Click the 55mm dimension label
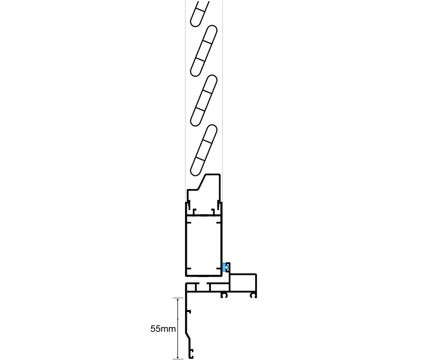coord(163,329)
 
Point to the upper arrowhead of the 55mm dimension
coord(178,300)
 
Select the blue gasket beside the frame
coord(225,267)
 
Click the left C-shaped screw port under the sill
coord(225,295)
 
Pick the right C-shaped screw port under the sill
coord(253,295)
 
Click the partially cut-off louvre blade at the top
coord(199,14)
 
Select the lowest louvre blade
coord(204,151)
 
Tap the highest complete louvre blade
coord(204,51)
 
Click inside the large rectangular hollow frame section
coord(204,245)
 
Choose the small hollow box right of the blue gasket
coord(243,282)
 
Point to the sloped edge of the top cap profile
coord(202,182)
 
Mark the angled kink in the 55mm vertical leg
coord(189,336)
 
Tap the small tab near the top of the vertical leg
coord(189,312)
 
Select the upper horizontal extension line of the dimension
coord(178,298)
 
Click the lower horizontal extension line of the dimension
coord(178,359)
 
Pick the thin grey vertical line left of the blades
coord(185,96)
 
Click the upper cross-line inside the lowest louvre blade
coord(207,141)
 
